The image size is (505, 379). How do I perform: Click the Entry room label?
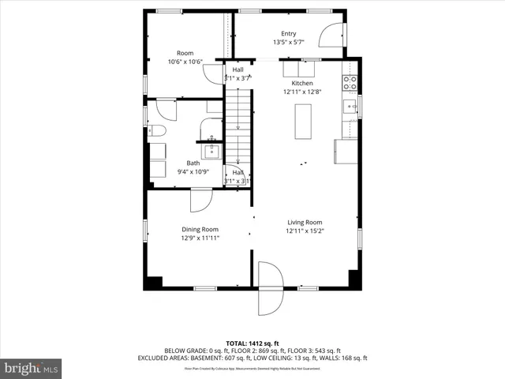pyautogui.click(x=288, y=34)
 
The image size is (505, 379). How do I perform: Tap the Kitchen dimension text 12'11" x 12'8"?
pyautogui.click(x=303, y=92)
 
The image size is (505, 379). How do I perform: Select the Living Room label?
pyautogui.click(x=304, y=223)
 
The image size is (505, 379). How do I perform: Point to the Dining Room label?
pyautogui.click(x=200, y=229)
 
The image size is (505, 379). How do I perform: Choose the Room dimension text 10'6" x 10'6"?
pyautogui.click(x=185, y=62)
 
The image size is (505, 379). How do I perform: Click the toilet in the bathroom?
pyautogui.click(x=155, y=131)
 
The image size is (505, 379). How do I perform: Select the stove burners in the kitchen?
pyautogui.click(x=349, y=80)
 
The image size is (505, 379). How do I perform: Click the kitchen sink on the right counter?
pyautogui.click(x=349, y=105)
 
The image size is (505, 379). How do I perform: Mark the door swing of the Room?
pyautogui.click(x=214, y=73)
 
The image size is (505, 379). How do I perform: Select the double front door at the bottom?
pyautogui.click(x=270, y=287)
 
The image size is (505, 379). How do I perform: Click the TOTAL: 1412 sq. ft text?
pyautogui.click(x=252, y=343)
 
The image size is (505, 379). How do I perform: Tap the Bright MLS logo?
pyautogui.click(x=32, y=368)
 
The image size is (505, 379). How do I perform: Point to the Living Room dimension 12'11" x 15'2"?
pyautogui.click(x=304, y=231)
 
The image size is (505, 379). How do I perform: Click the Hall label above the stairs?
pyautogui.click(x=238, y=69)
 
